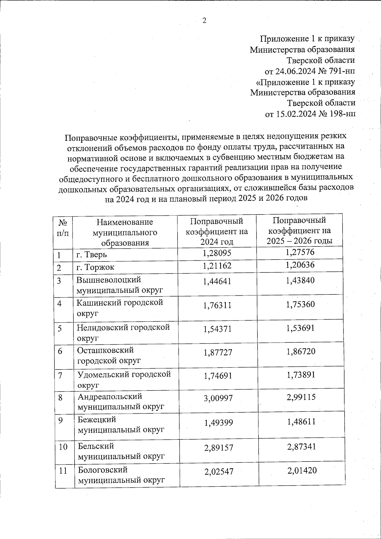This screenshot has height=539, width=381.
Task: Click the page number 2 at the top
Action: (204, 21)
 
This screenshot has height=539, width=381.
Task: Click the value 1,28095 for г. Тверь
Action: (217, 253)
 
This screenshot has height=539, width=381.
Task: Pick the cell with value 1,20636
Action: (300, 265)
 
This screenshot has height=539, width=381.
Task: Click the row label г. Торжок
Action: (95, 267)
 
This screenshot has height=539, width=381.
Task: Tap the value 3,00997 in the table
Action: (218, 398)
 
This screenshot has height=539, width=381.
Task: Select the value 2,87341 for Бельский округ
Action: (301, 447)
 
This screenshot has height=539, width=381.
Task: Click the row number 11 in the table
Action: (63, 471)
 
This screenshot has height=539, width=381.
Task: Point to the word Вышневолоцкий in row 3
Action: (109, 280)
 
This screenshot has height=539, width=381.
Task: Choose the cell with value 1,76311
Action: (217, 305)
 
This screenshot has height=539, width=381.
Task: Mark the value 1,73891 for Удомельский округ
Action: (301, 375)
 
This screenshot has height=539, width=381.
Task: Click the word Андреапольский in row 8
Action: (110, 397)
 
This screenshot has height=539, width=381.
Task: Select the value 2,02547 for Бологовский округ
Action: (219, 472)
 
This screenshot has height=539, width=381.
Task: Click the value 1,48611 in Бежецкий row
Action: (301, 422)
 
